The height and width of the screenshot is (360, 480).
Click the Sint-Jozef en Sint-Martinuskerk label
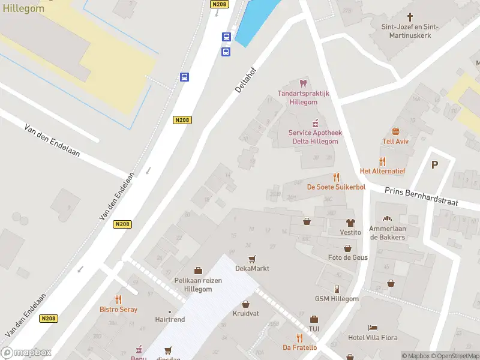[410, 31]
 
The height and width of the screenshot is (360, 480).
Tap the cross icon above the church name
[410, 17]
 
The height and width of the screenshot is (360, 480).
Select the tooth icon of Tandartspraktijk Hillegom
[302, 83]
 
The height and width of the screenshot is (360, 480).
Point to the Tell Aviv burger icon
[395, 131]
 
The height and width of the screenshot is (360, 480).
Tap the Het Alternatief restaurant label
[382, 171]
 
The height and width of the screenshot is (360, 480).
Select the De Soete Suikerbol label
[336, 187]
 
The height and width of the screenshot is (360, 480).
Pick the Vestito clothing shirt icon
[350, 222]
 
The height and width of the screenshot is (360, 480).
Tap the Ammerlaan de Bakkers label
[388, 233]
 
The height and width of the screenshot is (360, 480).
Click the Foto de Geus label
[347, 257]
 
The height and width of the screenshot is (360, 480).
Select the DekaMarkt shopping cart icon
[252, 259]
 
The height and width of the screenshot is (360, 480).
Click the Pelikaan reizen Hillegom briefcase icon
[198, 271]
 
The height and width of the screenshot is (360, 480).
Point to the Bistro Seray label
[118, 309]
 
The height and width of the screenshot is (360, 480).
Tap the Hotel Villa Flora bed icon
[373, 328]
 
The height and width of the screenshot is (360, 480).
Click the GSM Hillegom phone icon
[337, 289]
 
